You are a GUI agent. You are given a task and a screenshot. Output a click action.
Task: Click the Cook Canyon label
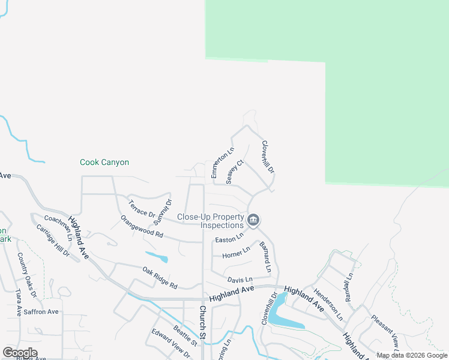[104, 162]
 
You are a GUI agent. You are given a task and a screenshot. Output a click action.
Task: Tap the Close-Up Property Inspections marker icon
[253, 221]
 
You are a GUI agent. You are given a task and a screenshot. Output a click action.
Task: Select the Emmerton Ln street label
[221, 163]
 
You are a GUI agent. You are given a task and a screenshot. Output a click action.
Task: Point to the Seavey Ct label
[234, 172]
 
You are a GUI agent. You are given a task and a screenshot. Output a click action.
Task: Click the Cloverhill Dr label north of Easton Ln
[268, 157]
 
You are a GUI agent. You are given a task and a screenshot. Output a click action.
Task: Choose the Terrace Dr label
[142, 209]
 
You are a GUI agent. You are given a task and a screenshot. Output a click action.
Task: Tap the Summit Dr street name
[162, 211]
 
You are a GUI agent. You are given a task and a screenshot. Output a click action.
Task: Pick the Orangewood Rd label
[142, 227]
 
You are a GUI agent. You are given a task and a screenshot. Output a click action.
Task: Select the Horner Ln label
[236, 254]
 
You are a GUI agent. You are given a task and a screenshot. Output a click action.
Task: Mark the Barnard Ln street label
[265, 257]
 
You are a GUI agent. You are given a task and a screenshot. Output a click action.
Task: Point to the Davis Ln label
[240, 280]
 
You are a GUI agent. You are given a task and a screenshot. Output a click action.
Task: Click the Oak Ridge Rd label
[160, 278]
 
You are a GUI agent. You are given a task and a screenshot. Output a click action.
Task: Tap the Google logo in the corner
[20, 353]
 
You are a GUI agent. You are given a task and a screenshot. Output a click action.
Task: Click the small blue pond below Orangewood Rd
[157, 258]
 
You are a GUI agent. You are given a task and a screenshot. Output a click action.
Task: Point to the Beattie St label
[185, 335]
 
